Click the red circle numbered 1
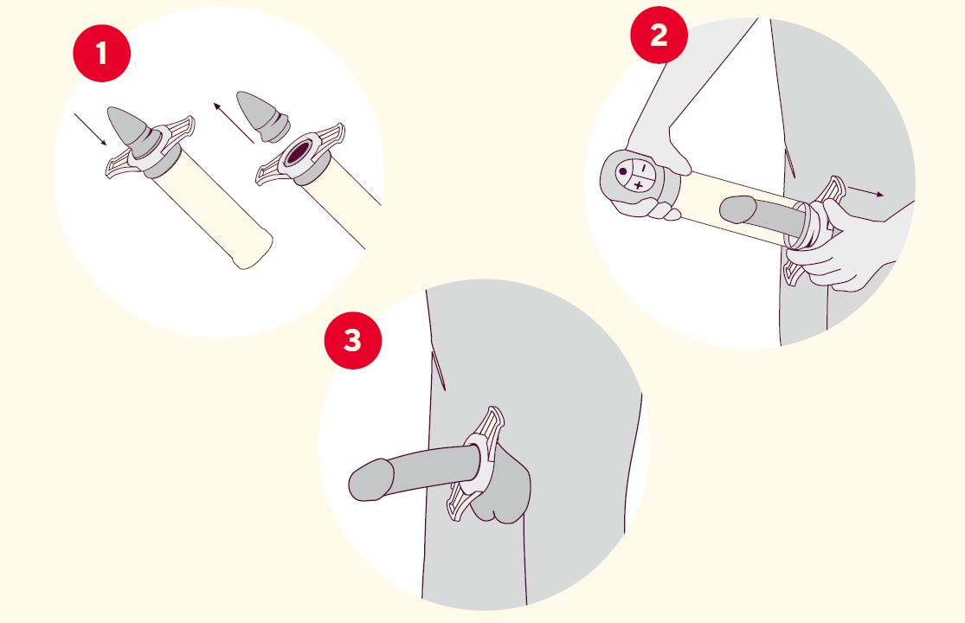click(x=101, y=53)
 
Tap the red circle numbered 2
click(x=659, y=35)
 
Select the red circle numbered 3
click(x=352, y=340)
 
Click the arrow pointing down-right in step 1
click(x=91, y=130)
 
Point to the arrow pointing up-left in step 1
click(x=234, y=122)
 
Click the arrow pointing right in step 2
click(x=866, y=191)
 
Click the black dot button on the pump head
click(x=623, y=172)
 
